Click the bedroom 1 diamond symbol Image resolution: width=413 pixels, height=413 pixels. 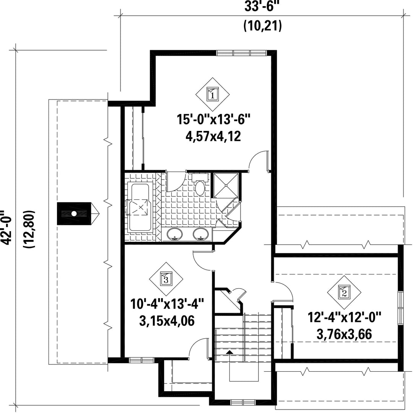(x=212, y=94)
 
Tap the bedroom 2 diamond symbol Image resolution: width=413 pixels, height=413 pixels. (x=344, y=292)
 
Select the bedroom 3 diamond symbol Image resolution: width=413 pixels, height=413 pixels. (x=166, y=279)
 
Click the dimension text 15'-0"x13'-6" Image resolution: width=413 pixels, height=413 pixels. (x=213, y=120)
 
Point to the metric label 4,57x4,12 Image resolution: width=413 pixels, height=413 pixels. (x=213, y=137)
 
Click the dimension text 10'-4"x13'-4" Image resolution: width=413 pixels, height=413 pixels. (x=167, y=304)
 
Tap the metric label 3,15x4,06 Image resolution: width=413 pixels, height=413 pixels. (x=167, y=321)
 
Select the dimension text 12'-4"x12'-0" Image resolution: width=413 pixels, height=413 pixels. (x=345, y=317)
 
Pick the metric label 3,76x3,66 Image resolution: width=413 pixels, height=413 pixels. (x=344, y=334)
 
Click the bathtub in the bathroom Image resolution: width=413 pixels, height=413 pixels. (x=140, y=207)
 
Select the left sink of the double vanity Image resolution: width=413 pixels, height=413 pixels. (x=174, y=234)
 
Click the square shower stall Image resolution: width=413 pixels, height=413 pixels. (x=226, y=185)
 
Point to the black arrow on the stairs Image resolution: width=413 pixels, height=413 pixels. (x=230, y=352)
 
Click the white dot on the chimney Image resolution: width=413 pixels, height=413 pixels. (x=74, y=214)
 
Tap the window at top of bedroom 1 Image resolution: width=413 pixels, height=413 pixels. (x=242, y=53)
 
